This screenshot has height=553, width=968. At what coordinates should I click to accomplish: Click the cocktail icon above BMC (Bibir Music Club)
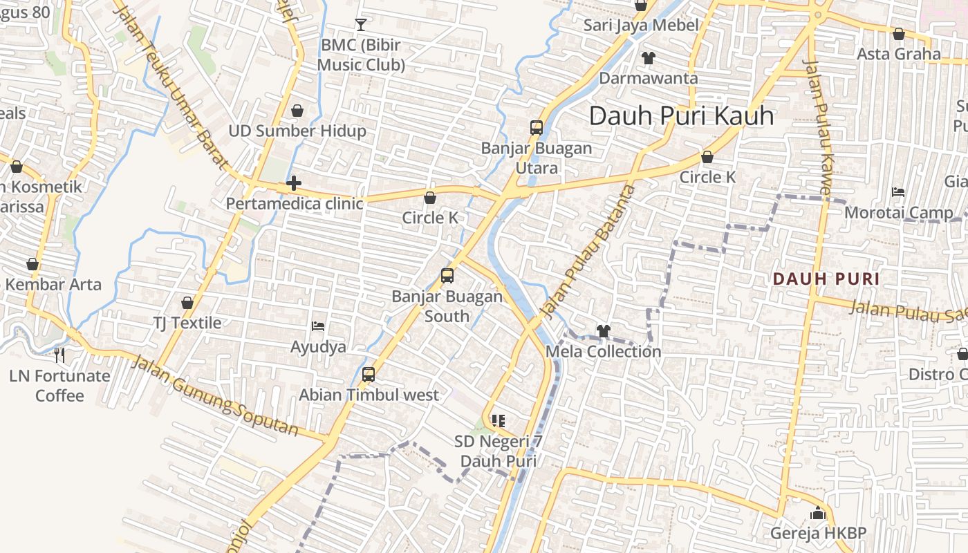[360, 25]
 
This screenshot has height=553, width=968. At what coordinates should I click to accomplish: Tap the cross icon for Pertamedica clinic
[294, 183]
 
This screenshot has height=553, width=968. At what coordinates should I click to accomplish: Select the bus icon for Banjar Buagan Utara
[537, 127]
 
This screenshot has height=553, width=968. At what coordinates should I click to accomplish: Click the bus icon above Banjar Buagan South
[447, 276]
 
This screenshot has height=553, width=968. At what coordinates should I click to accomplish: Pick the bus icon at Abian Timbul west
[369, 375]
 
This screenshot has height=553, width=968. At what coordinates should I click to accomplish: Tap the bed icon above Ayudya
[318, 326]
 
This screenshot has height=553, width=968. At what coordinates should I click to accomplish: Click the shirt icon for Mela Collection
[603, 331]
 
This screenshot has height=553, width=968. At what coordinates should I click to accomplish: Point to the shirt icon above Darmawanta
[648, 57]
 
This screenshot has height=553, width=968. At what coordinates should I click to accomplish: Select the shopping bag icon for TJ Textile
[187, 303]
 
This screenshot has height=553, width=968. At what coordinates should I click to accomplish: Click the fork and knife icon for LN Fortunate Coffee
[59, 355]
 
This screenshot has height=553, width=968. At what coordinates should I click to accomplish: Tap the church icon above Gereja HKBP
[818, 514]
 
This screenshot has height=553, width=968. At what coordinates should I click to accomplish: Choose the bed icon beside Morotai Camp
[898, 191]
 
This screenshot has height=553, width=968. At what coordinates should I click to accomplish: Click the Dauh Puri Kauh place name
[681, 115]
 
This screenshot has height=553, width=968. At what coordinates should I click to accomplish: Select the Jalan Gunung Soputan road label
[215, 395]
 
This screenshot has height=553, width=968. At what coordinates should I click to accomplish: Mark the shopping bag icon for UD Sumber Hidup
[297, 111]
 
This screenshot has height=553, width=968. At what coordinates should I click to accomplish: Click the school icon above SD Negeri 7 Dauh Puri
[499, 420]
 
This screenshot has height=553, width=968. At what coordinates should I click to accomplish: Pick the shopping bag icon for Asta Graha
[899, 33]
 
